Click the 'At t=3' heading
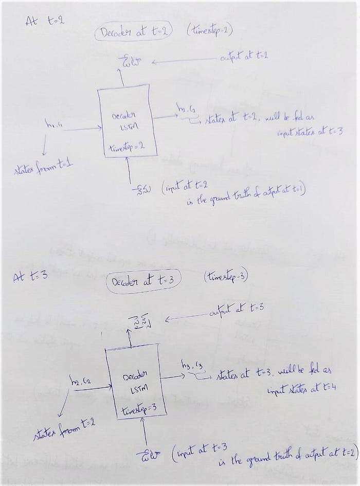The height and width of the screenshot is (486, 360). pyautogui.click(x=30, y=276)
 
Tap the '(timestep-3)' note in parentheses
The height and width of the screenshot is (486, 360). pyautogui.click(x=226, y=277)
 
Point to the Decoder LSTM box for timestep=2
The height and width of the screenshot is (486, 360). pyautogui.click(x=128, y=123)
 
